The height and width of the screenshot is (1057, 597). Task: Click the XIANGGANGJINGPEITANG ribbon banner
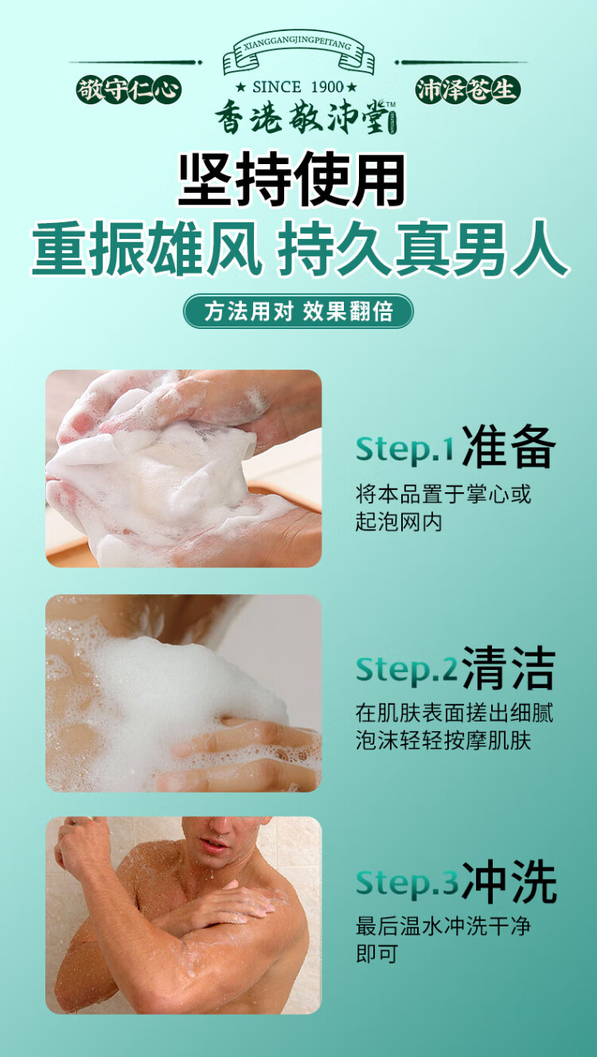tap(298, 55)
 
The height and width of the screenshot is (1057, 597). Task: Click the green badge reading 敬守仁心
tap(129, 90)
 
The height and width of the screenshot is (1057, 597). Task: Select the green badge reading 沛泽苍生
tap(467, 90)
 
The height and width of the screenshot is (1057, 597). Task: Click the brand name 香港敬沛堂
tap(302, 116)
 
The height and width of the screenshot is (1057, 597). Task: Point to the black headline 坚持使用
tap(292, 180)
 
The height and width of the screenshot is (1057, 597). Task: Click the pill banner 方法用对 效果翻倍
tap(298, 311)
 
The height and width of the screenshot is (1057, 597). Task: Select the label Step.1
tap(404, 448)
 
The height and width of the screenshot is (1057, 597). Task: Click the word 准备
tap(507, 446)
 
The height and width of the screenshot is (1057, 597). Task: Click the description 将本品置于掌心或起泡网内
tap(443, 507)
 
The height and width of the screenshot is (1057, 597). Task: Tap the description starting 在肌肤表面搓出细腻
tap(455, 726)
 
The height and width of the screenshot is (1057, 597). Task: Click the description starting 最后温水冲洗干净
tap(443, 939)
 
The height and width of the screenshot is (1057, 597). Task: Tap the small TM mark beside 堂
tap(391, 104)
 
